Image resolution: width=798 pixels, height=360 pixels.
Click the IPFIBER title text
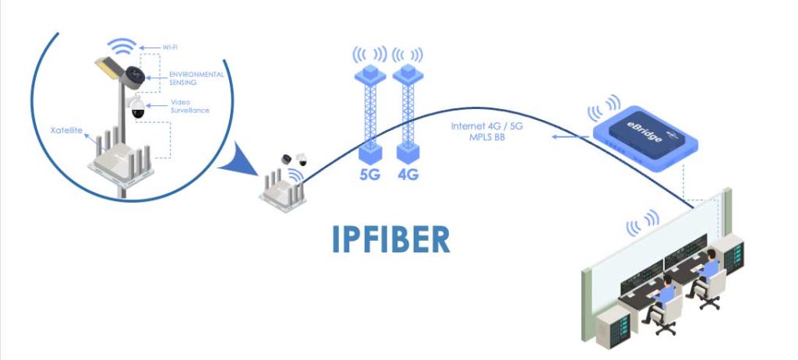391,238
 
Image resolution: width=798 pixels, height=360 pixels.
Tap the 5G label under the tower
370,175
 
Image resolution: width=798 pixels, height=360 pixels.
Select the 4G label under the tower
408,175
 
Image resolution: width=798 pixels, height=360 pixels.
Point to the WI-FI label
171,48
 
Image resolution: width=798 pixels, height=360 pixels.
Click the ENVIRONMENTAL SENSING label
196,78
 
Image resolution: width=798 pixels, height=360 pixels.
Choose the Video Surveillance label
190,106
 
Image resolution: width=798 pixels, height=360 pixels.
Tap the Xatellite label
66,130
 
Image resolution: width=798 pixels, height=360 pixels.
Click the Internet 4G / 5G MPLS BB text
486,131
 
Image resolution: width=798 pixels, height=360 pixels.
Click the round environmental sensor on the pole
133,77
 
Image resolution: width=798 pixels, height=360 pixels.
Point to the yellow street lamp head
108,69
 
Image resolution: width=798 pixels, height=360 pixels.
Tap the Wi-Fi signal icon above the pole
122,45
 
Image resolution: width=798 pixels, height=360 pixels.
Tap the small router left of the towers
282,189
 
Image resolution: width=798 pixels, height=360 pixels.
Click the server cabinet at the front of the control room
613,327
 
